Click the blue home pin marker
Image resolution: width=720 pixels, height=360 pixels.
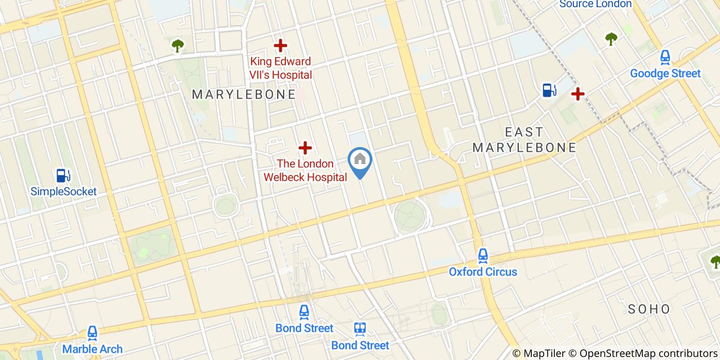pos(360,161)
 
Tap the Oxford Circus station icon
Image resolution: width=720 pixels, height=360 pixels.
pos(482,256)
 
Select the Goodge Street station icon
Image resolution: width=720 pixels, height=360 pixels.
pos(665,57)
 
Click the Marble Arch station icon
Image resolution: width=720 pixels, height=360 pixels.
pos(93,333)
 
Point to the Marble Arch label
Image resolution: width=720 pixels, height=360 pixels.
pos(93,349)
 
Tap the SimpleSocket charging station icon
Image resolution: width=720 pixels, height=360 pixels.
pos(63,175)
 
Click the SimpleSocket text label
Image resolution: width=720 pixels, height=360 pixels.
pos(63,192)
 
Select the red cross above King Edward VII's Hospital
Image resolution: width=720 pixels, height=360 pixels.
pos(280,46)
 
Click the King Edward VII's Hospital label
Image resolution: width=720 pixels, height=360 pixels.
pos(280,68)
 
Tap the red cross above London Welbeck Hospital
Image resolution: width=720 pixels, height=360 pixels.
pos(305,148)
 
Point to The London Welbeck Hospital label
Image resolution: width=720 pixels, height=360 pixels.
pos(305,170)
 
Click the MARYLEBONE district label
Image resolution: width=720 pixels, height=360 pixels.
pos(244,94)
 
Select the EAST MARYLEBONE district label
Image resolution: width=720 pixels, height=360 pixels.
pos(524,140)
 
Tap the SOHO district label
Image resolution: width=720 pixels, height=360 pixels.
pos(649,309)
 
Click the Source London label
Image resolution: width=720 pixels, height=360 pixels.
pos(595,4)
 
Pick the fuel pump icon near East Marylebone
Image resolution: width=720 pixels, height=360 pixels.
pos(549,90)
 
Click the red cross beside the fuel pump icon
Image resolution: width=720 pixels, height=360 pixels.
pos(578,94)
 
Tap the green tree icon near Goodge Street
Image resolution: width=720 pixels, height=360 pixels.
pos(611,38)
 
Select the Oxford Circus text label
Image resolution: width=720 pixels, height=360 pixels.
pos(482,272)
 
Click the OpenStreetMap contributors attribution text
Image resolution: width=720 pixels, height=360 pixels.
pos(649,353)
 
